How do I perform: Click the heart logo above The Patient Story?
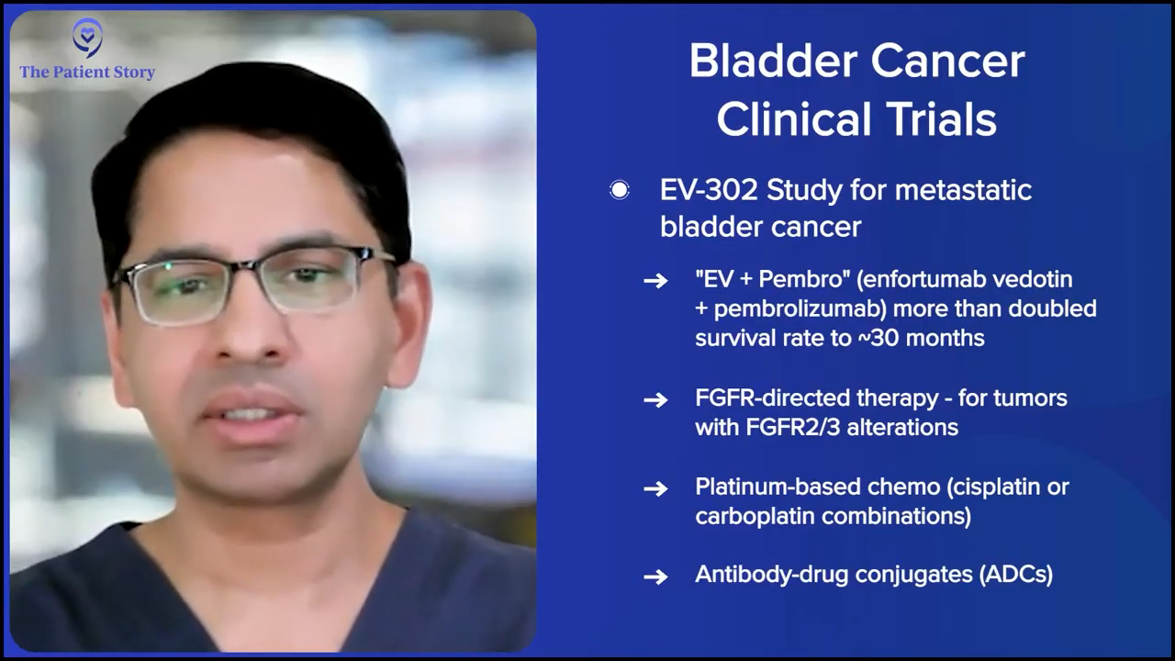tap(87, 38)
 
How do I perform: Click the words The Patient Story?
tap(87, 72)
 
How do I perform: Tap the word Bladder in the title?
tap(774, 62)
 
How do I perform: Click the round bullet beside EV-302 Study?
tap(620, 190)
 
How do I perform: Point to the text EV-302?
tap(709, 190)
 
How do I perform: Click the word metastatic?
tap(964, 190)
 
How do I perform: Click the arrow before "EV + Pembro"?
tap(655, 281)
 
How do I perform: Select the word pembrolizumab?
tap(800, 309)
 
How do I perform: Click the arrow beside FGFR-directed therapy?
tap(655, 400)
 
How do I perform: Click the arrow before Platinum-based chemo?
tap(655, 489)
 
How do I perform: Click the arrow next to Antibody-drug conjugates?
tap(655, 577)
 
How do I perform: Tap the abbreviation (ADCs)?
tap(1016, 575)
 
